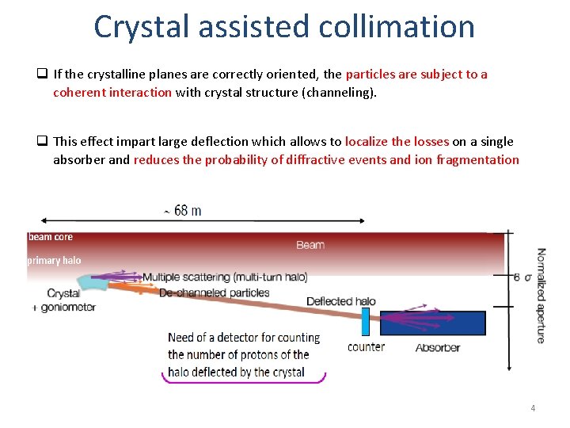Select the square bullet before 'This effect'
point(41,142)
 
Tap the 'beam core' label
point(51,237)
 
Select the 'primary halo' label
point(54,260)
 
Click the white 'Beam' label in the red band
point(310,245)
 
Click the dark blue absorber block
point(432,323)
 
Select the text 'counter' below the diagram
point(366,346)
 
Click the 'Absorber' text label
point(438,347)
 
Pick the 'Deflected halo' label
point(341,301)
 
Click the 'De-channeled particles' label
point(214,292)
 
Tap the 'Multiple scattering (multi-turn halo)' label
point(225,277)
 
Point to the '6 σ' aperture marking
point(522,277)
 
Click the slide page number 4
point(533,408)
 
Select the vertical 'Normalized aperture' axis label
point(541,296)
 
